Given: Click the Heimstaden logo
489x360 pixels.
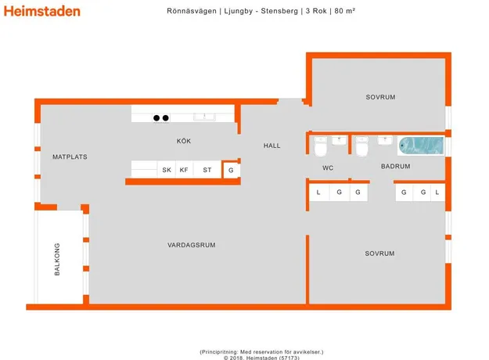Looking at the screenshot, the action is [42, 11].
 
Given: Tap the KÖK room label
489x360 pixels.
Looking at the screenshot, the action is [184, 141].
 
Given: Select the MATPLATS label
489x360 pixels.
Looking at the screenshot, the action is [70, 157].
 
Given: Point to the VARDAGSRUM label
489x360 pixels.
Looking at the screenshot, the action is [192, 245].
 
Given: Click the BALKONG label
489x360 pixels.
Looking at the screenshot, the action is [57, 259].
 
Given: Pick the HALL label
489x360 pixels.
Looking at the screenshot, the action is [272, 146].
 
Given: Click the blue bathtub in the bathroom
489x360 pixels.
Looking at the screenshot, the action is [421, 146].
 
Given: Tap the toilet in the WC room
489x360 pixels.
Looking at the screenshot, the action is [321, 147].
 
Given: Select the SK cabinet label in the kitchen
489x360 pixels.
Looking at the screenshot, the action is [167, 170].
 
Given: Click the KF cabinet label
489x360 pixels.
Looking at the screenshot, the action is [184, 170].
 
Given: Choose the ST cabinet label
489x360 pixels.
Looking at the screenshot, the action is [207, 170].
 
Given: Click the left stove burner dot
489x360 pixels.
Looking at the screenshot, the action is [156, 118].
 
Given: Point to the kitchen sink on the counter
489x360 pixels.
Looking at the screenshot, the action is [204, 117].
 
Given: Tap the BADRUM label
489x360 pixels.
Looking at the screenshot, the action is [395, 166].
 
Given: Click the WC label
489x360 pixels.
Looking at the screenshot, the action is [328, 167].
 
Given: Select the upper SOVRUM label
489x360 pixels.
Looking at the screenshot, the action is [380, 97].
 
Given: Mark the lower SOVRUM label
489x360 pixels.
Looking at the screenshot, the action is [379, 254].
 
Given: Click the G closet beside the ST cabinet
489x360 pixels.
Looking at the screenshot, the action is [231, 171].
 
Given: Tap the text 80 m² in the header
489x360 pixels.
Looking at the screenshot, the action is [345, 11].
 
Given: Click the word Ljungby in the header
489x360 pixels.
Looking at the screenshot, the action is [239, 11].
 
